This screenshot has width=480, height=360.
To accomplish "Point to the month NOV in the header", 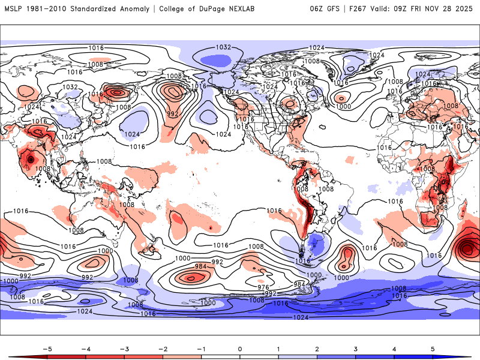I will (445, 8).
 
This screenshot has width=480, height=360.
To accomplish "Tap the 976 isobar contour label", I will (262, 287).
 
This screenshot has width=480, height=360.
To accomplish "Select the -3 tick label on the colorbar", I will (124, 349).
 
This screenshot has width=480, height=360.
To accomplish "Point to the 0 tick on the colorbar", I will (240, 349).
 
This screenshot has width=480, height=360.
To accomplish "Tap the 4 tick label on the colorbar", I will (395, 349).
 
